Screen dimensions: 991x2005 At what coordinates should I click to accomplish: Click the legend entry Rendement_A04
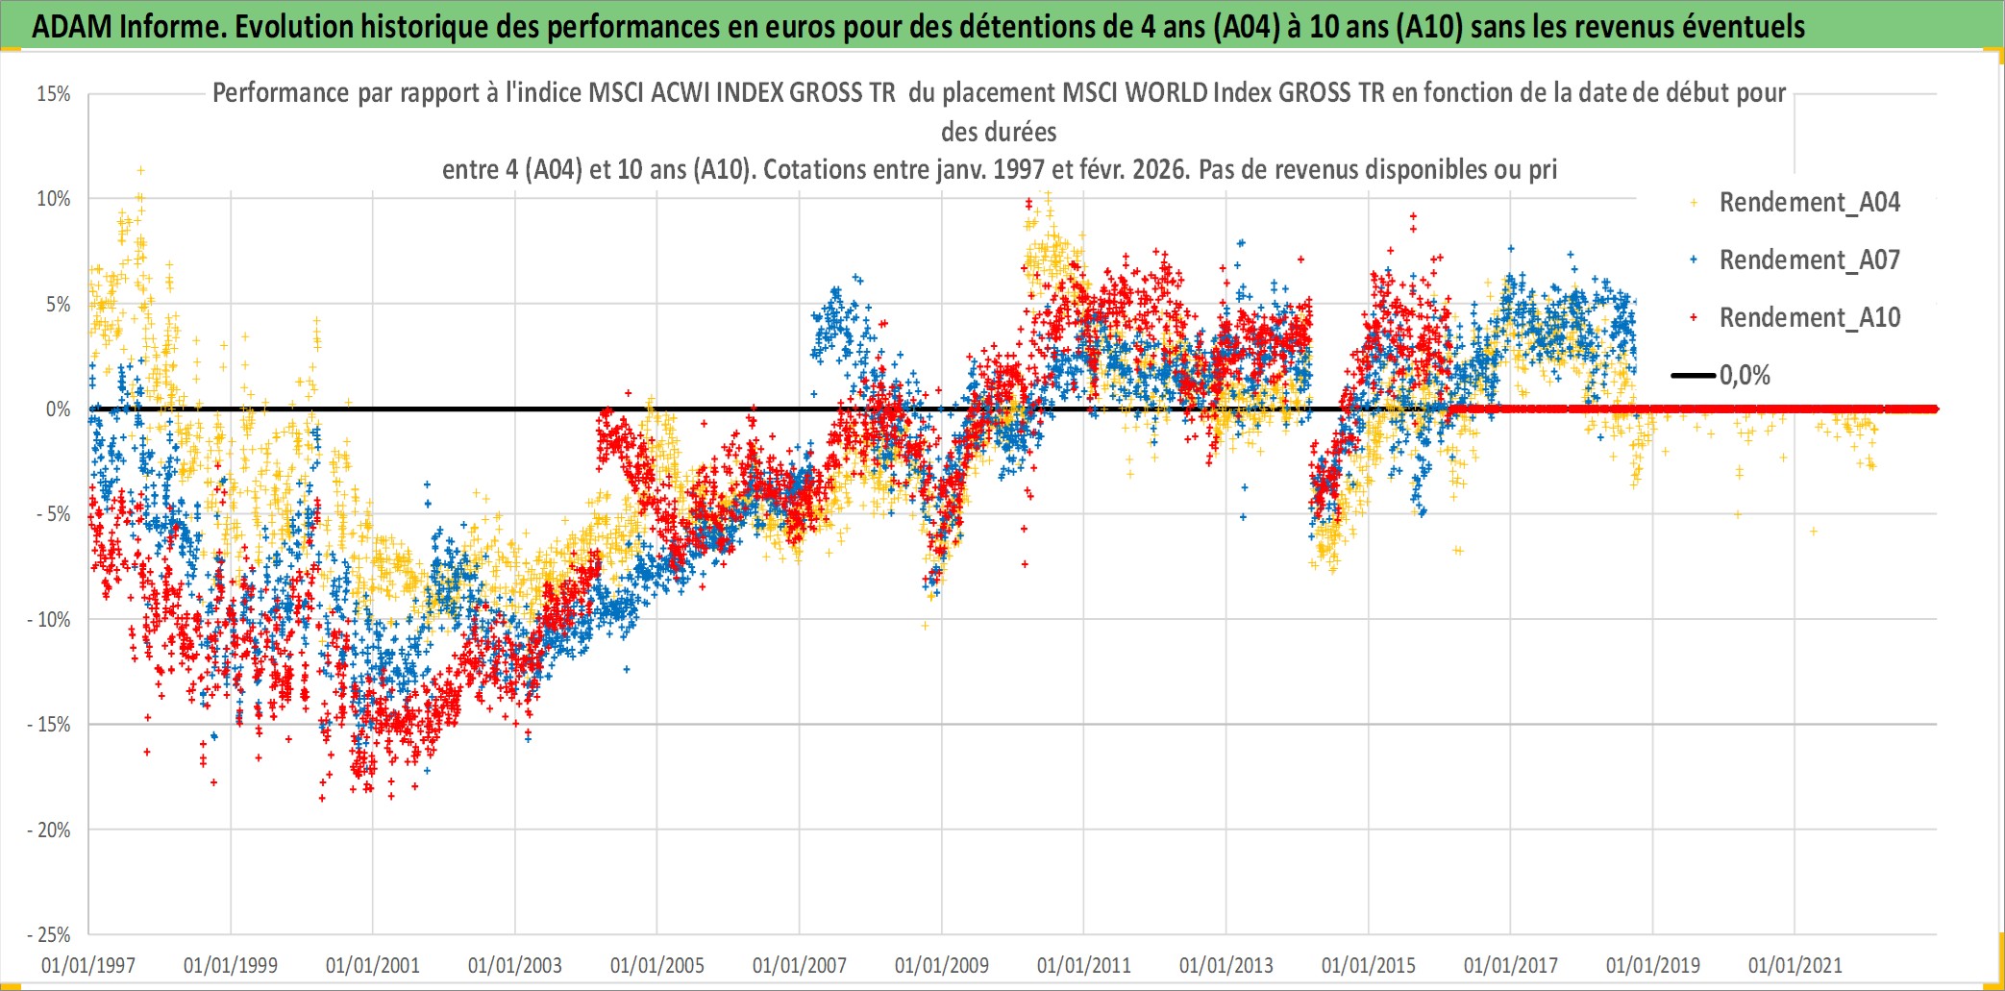(1809, 203)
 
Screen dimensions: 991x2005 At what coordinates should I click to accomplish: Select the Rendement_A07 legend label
(1809, 260)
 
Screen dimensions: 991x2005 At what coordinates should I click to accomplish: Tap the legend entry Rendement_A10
(1809, 318)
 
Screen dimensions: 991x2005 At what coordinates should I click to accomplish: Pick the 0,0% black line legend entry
(1744, 376)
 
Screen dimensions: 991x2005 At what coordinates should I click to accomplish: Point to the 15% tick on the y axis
(54, 94)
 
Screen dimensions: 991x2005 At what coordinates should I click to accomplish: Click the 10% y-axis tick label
(54, 199)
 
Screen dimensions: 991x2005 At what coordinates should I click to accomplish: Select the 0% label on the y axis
(59, 409)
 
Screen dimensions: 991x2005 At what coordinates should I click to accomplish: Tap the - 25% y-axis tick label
(49, 934)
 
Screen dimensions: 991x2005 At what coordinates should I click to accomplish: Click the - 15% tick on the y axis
(49, 725)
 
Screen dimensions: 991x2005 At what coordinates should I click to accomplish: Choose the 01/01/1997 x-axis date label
(88, 965)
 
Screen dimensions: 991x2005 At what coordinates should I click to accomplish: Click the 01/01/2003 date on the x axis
(515, 965)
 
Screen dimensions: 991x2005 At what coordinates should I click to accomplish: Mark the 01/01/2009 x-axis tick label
(942, 965)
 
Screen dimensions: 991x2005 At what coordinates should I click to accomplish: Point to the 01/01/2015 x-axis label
(1369, 965)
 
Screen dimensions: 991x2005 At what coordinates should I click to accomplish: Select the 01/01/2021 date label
(1795, 965)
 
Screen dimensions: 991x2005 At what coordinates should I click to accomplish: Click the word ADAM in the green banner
(72, 27)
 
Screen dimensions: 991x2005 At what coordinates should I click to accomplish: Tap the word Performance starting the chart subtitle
(281, 93)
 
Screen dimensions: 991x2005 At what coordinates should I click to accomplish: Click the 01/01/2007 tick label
(800, 965)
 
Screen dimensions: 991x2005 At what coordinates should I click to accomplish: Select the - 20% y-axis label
(49, 830)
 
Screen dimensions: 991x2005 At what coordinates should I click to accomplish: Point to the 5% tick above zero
(59, 305)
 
